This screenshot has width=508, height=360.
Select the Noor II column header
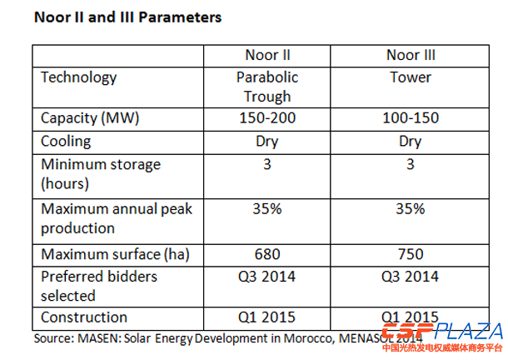(266, 56)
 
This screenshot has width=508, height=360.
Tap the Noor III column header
(411, 56)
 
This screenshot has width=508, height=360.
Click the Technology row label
(79, 77)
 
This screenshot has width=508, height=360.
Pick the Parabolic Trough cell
(267, 87)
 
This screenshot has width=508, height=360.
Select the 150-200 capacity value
(267, 119)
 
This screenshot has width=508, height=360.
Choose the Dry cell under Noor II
(267, 141)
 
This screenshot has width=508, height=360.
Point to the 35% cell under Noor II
(267, 208)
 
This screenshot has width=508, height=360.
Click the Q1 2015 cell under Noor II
(267, 317)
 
